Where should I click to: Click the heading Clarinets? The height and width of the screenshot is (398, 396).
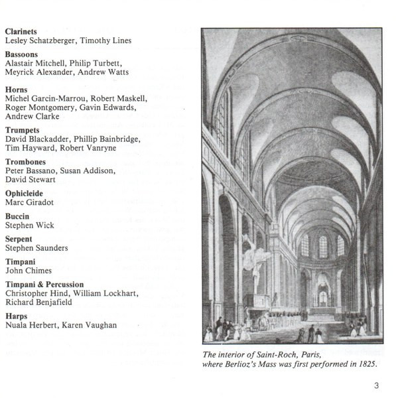[21, 31]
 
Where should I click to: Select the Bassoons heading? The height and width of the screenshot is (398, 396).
[21, 54]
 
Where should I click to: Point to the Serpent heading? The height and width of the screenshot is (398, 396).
[19, 239]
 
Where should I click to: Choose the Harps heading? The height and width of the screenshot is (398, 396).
[16, 316]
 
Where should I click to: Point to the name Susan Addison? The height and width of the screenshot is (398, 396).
[90, 171]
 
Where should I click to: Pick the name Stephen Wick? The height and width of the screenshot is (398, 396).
[31, 226]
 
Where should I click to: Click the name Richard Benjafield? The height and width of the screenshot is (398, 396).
[40, 302]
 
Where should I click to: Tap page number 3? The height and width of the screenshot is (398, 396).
[376, 385]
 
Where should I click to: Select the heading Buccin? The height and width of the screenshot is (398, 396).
[17, 216]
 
